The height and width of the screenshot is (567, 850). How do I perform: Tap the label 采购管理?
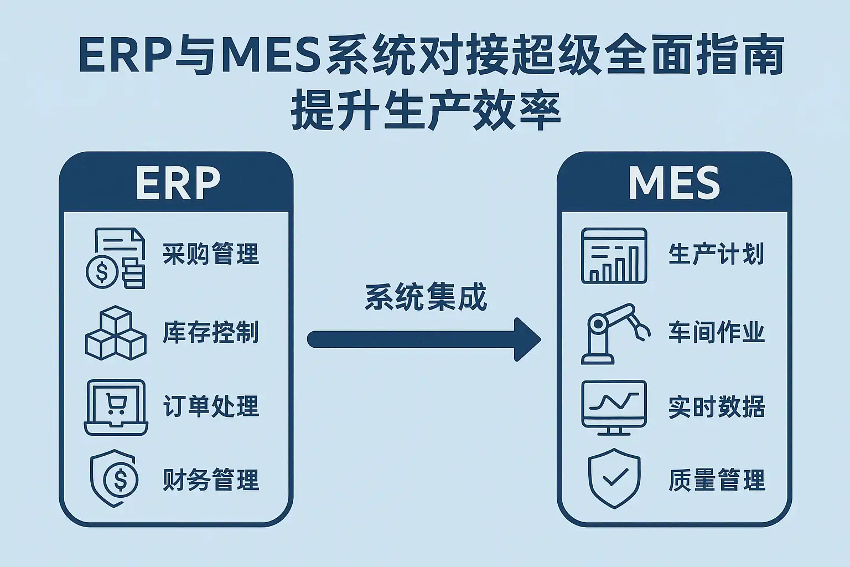point(211,254)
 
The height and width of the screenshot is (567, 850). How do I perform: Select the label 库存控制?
point(211,333)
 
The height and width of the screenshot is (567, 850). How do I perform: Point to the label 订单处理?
point(211,406)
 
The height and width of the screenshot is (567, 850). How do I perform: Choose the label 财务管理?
point(211,480)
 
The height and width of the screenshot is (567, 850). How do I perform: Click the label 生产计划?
point(716,254)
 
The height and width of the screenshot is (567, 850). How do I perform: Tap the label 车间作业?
point(716,333)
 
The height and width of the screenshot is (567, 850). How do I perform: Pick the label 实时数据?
point(716,407)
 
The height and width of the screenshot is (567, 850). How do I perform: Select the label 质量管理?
point(716,480)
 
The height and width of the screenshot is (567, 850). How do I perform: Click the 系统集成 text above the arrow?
point(426,297)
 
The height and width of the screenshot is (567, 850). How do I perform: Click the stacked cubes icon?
point(116,333)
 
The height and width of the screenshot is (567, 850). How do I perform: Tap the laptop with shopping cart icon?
point(116,407)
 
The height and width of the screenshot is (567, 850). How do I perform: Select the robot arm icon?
point(613,333)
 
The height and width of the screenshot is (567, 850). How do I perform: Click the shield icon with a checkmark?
point(614,478)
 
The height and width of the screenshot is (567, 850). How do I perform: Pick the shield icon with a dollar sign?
point(115,478)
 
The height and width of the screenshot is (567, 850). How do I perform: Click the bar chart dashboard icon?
point(614,256)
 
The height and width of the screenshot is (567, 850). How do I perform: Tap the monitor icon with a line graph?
point(614,407)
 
